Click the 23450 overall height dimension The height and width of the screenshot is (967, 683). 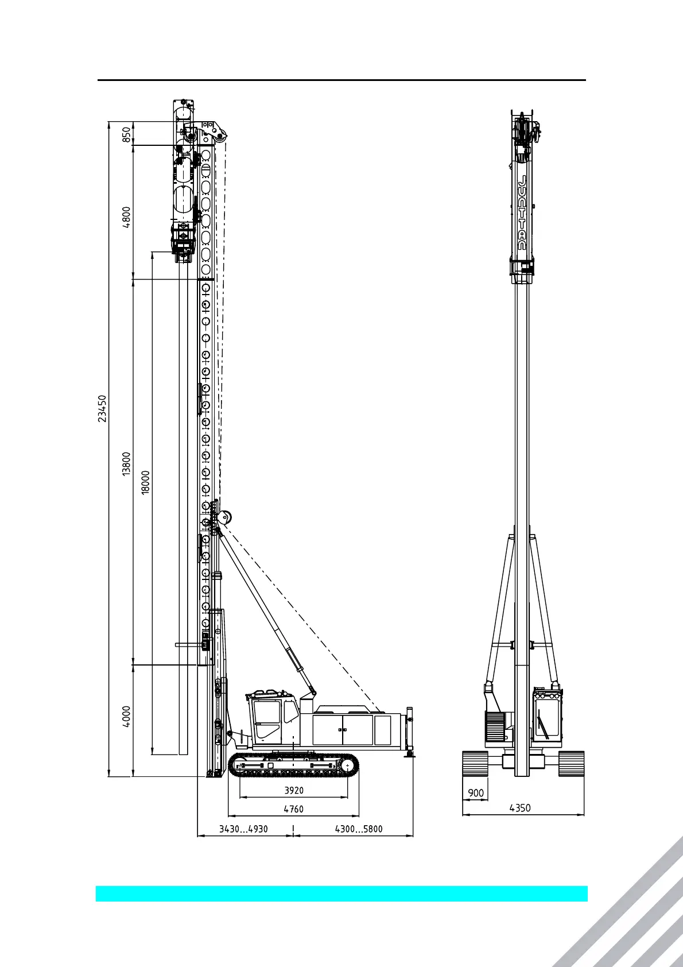tap(102, 408)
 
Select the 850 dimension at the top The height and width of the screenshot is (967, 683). tap(127, 134)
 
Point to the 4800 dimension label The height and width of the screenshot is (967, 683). tap(127, 218)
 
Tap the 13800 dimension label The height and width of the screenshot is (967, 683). tap(127, 463)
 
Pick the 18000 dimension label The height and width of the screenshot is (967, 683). tap(146, 482)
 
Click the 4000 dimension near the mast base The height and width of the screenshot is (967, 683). tap(127, 716)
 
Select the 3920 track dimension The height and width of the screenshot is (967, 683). tap(294, 790)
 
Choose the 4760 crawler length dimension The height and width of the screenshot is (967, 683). tap(294, 809)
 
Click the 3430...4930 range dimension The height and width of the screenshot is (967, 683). tap(244, 829)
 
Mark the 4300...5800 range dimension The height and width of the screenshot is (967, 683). tap(359, 829)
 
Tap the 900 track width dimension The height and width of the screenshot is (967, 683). tap(476, 793)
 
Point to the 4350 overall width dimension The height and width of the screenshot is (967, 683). tap(520, 808)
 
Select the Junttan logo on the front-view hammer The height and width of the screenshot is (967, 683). tap(522, 212)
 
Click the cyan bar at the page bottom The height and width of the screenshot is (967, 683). tap(341, 893)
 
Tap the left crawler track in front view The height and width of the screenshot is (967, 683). tap(475, 764)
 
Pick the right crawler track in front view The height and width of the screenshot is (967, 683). tap(571, 764)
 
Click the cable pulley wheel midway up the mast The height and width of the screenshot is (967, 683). tap(226, 517)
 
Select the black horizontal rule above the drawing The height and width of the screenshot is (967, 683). tap(341, 80)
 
